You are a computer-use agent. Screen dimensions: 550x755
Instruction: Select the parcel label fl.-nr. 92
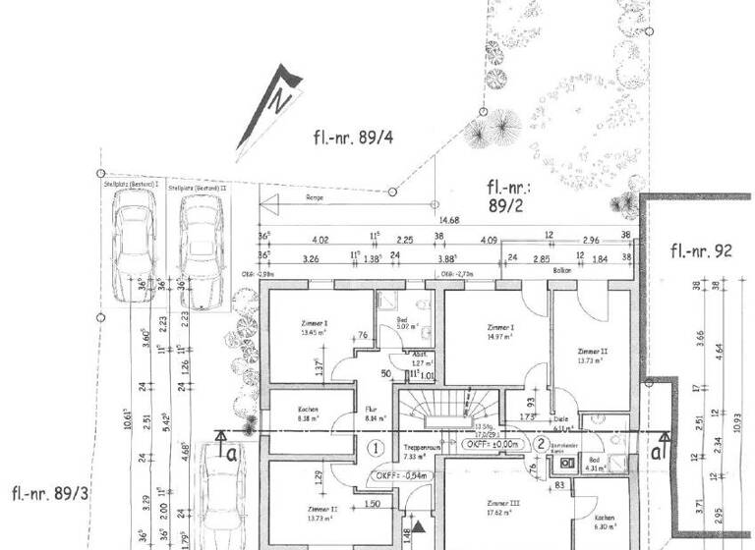coord(702,250)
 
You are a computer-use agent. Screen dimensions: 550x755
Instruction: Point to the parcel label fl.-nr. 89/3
coord(50,493)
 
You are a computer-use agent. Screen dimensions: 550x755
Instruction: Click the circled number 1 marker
coord(375,448)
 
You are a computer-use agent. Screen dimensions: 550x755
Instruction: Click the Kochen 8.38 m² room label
coord(296,413)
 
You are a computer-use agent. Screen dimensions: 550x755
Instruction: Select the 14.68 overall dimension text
coord(449,220)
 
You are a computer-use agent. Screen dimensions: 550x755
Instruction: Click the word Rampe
coord(313,198)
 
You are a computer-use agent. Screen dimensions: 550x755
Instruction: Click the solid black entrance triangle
coord(421,528)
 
